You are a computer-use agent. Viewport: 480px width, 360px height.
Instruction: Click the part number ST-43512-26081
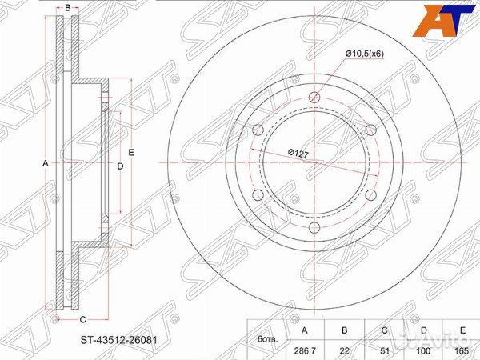coord(118,340)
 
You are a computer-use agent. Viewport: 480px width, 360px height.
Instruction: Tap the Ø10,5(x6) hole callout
coord(365,54)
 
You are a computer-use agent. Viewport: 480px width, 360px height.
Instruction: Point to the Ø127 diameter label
coord(298,153)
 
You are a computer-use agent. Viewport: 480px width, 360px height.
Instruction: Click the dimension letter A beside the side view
coord(46,163)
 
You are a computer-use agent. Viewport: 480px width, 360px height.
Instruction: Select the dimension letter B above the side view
coord(68,8)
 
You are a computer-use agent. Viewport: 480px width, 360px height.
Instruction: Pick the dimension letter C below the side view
coord(82,319)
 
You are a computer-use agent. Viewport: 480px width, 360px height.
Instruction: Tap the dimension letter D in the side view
coord(120,166)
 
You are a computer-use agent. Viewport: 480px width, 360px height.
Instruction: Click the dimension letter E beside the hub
coord(131,152)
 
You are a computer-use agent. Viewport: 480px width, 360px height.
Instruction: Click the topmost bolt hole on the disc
coord(314,97)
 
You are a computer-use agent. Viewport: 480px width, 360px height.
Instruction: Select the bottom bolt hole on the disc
coord(314,228)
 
